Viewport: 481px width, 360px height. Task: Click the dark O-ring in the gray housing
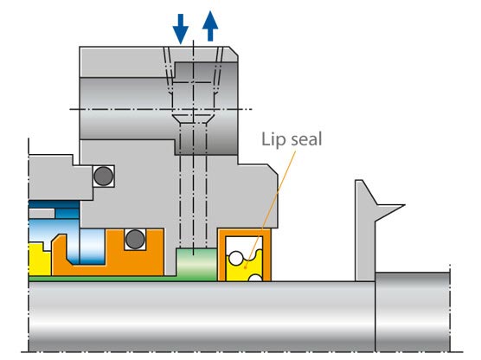[103, 175]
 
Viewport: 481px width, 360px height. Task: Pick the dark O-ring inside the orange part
[133, 238]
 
